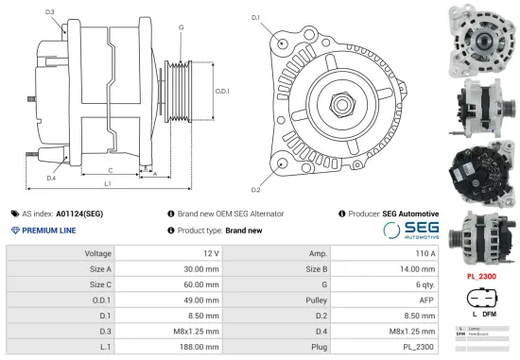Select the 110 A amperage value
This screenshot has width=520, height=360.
(424, 253)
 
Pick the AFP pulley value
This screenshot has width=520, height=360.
(426, 300)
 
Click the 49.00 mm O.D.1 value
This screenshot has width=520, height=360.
(198, 300)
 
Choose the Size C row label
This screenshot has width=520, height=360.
(99, 283)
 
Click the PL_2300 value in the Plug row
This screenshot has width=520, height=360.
(420, 347)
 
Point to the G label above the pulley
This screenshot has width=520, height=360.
(180, 28)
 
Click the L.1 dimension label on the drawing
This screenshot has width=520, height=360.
(109, 182)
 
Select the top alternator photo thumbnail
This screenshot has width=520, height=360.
(482, 35)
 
